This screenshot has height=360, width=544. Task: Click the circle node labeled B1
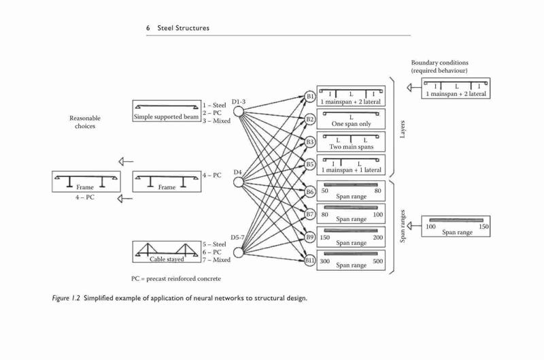point(310,97)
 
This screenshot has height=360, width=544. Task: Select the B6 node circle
point(310,191)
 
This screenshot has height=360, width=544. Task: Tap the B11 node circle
point(310,260)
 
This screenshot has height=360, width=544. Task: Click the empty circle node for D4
point(239,182)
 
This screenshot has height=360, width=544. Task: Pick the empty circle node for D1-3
point(239,112)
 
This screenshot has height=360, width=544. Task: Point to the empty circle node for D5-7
point(239,252)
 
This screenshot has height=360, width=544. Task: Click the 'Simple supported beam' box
point(167,111)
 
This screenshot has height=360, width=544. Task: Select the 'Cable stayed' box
point(167,252)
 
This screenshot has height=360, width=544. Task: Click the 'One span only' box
point(351,119)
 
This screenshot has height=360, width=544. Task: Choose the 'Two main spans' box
point(351,142)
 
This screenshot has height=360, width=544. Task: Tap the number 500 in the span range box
point(378,261)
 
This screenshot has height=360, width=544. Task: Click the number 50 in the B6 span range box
point(325,191)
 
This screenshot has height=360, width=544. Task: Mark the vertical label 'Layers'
point(403,129)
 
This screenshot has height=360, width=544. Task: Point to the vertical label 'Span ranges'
point(403,226)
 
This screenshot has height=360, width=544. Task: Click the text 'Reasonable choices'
point(85,122)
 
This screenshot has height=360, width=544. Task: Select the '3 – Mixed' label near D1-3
point(216,121)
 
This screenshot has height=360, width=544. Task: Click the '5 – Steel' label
point(214,244)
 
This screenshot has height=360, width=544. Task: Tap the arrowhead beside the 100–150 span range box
point(410,226)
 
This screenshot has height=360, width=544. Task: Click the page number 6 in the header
point(148,28)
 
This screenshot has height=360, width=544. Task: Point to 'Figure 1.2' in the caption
point(66,298)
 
